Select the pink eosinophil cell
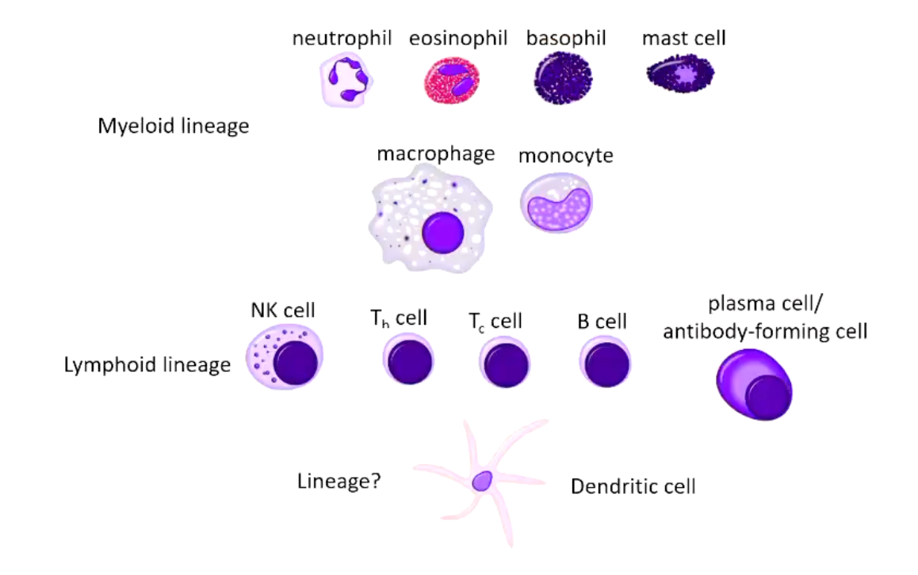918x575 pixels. [x=452, y=81]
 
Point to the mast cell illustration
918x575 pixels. [x=681, y=76]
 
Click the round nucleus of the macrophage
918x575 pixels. [x=443, y=231]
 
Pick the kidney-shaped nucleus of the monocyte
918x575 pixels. [x=557, y=209]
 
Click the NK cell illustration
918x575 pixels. [x=285, y=358]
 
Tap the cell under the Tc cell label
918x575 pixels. [x=505, y=364]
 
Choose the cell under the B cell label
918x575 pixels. [x=605, y=363]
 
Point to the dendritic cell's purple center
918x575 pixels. [x=482, y=480]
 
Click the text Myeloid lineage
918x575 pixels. [x=174, y=126]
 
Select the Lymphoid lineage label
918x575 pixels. [x=147, y=365]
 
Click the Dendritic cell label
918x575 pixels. [x=633, y=486]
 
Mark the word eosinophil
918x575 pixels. [x=458, y=39]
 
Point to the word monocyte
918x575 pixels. [x=566, y=155]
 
